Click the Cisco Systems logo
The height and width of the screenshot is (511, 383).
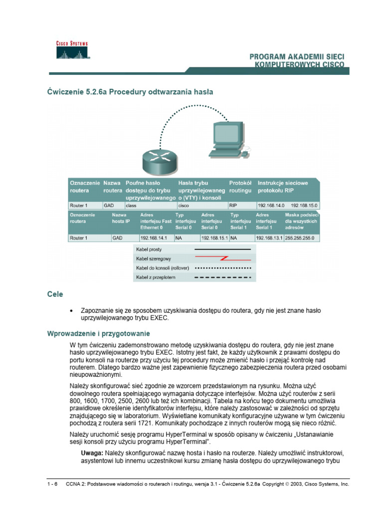[71, 50]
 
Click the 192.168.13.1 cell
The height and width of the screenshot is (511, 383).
[269, 238]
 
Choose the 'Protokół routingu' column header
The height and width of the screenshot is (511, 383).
[241, 187]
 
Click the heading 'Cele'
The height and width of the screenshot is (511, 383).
[55, 294]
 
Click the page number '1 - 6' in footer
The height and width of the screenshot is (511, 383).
[51, 484]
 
